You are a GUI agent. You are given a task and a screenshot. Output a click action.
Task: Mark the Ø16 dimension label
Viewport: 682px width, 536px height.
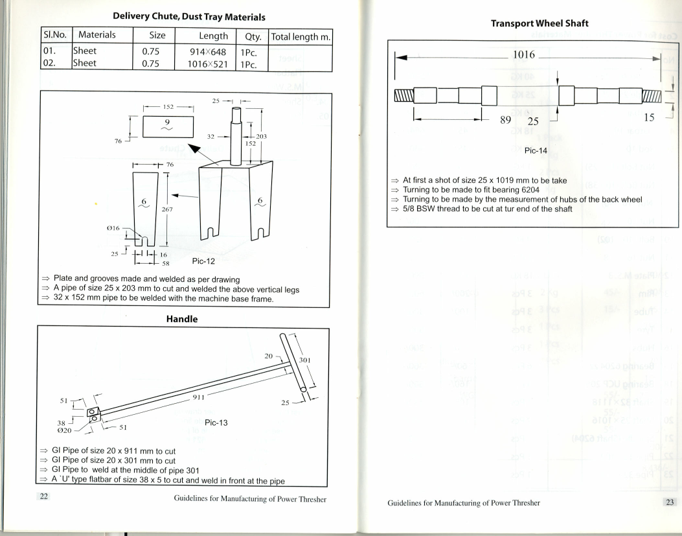(x=122, y=229)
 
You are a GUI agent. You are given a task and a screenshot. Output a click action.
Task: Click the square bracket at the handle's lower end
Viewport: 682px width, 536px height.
(x=93, y=413)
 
